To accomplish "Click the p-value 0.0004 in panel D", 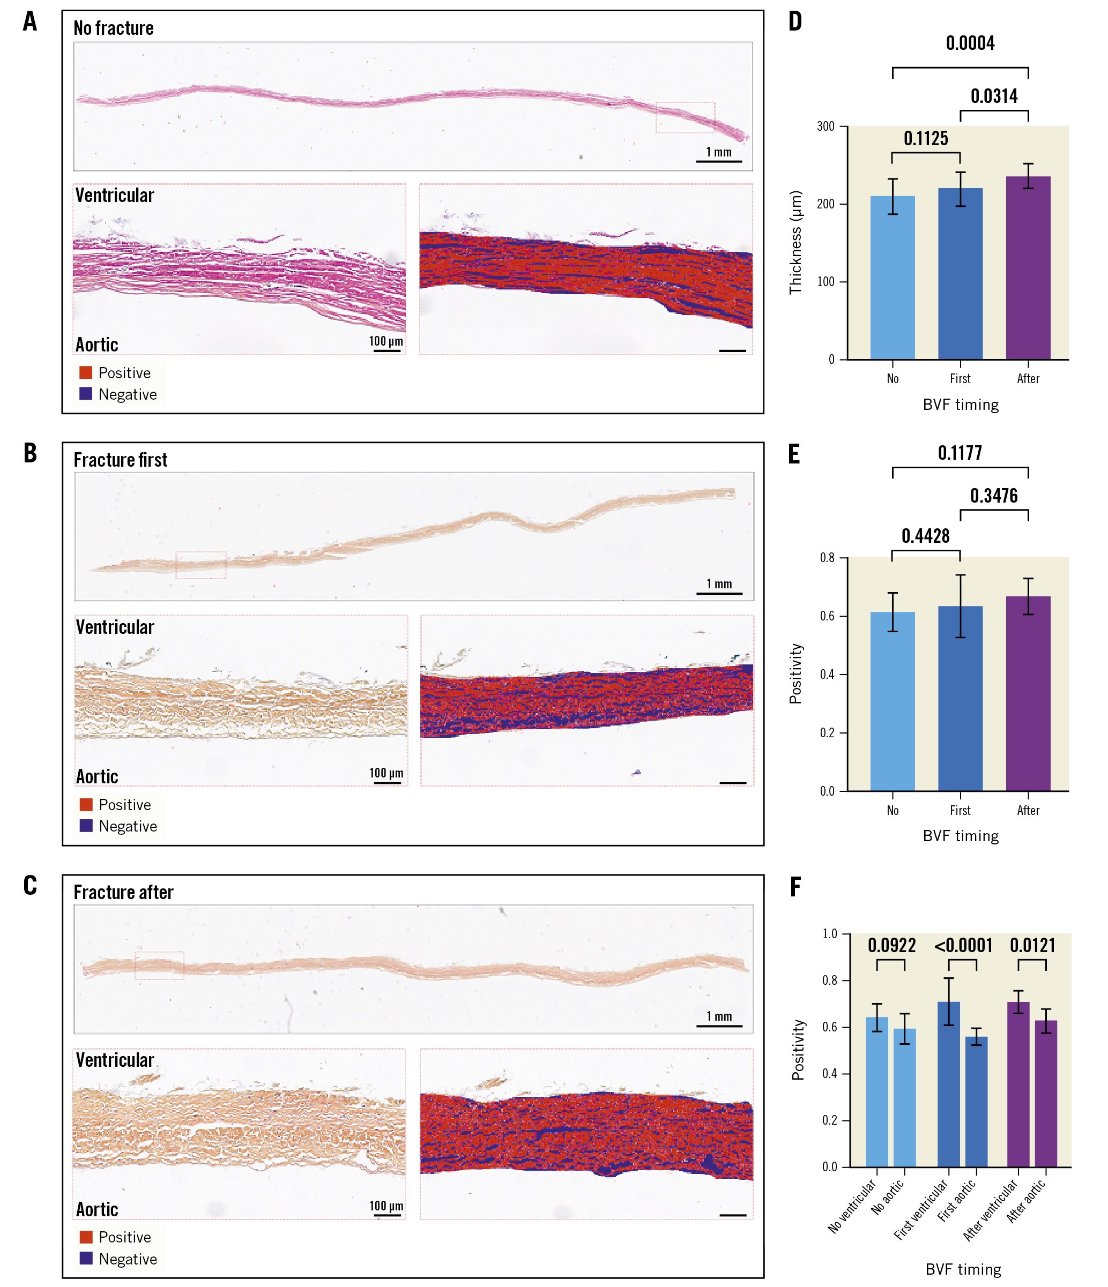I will (970, 43).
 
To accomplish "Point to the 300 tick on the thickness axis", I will (826, 126).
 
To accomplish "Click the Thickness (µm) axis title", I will (795, 243).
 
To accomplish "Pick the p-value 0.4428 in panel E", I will (925, 535).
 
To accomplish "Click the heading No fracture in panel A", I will (114, 28).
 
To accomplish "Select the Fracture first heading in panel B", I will (121, 460).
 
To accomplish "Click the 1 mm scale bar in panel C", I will (719, 1026).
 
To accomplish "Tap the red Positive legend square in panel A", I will (86, 373).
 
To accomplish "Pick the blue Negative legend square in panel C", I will (86, 1259).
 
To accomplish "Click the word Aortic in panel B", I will (97, 776).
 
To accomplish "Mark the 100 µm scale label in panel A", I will (386, 341).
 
